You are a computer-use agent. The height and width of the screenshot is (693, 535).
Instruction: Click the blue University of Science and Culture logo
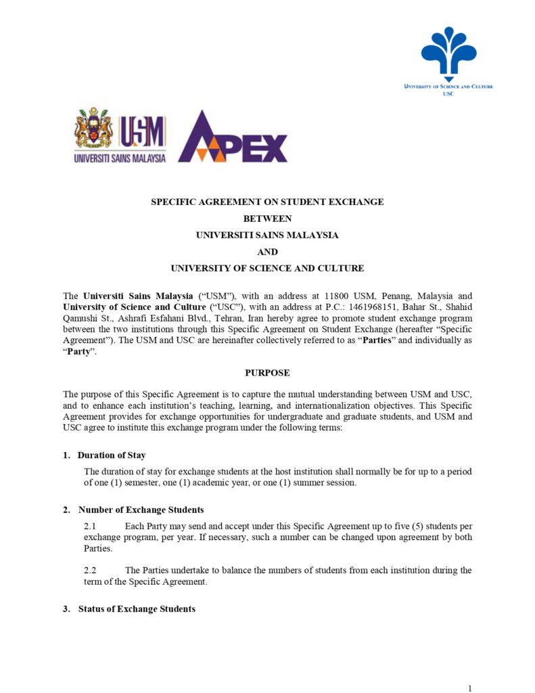point(448,53)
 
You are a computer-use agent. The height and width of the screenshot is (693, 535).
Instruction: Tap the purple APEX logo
point(233,137)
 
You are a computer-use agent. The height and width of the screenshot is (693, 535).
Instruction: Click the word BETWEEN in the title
point(267,219)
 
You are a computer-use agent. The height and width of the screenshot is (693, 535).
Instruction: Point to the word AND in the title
point(267,252)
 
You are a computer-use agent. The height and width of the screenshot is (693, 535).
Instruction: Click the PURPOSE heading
point(267,373)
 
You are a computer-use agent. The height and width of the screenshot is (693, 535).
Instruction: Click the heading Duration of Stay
point(112,455)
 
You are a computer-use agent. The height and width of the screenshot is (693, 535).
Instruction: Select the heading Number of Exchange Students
point(141,510)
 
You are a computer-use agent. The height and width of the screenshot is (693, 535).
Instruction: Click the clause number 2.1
point(91,525)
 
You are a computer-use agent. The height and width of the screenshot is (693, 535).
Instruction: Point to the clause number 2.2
point(91,570)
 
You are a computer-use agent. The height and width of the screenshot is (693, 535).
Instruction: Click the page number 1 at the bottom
point(469,688)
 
